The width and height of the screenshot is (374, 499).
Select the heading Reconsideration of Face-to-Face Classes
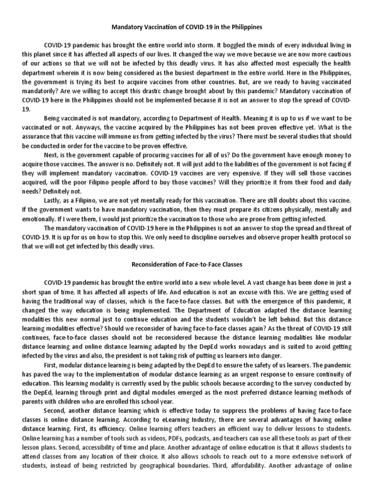187,265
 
